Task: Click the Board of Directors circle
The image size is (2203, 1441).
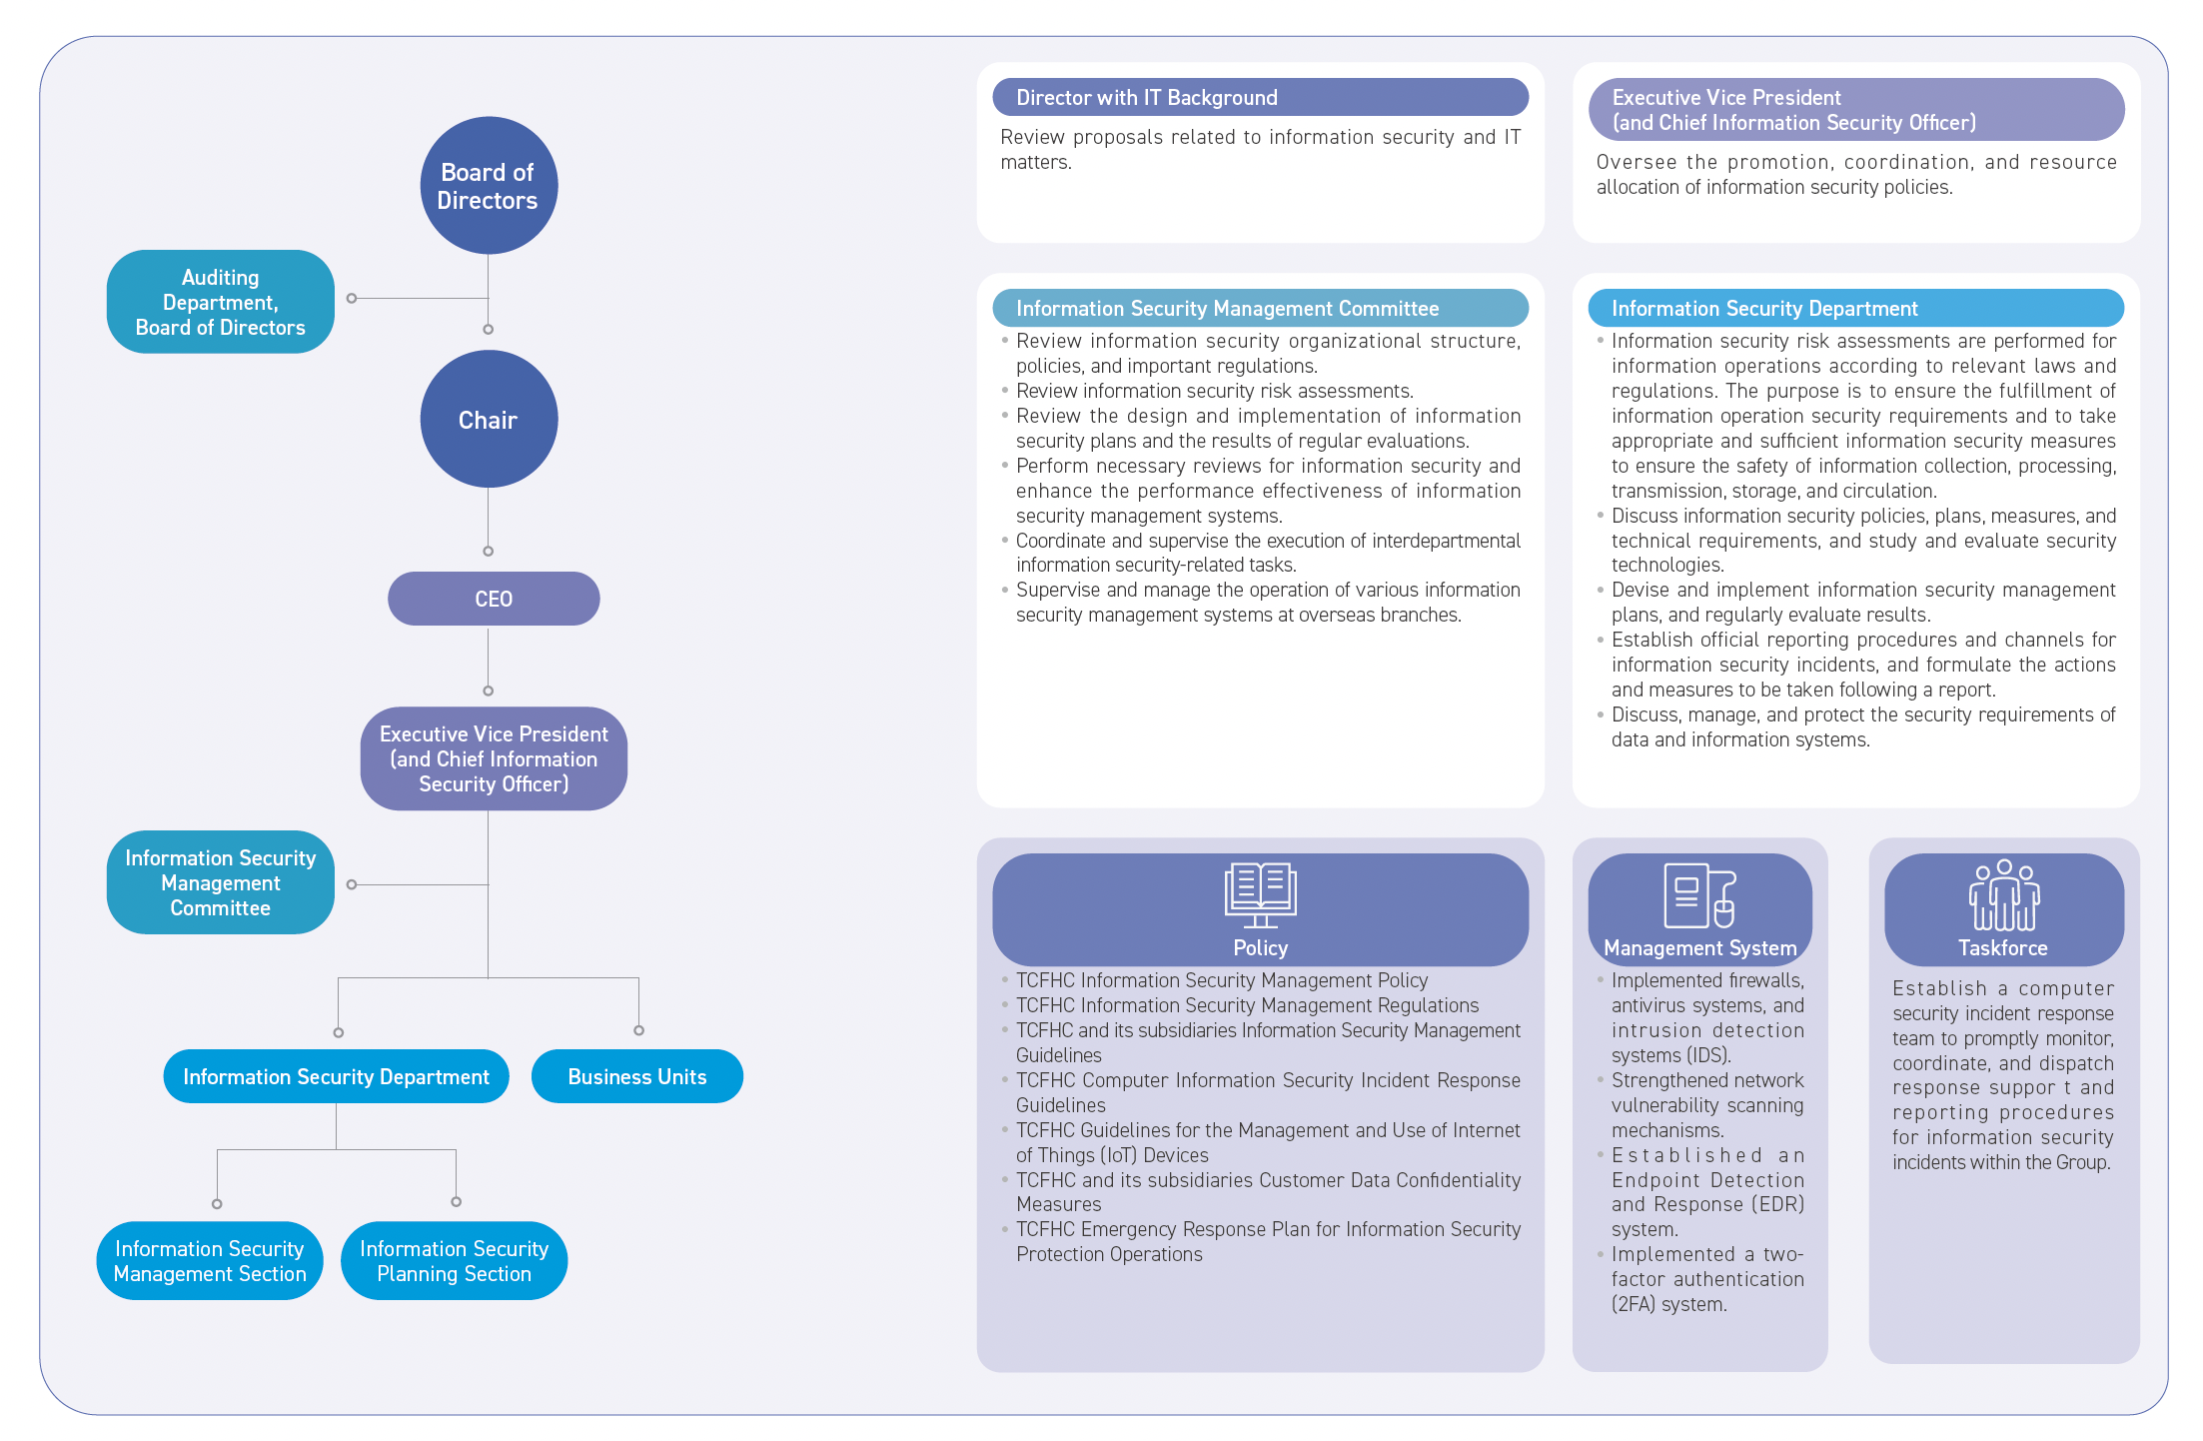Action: (489, 186)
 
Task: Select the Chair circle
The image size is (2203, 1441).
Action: (489, 419)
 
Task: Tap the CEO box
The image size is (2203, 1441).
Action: (494, 599)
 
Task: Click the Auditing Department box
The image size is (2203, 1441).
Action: (221, 302)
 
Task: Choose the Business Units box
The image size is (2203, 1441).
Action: (637, 1076)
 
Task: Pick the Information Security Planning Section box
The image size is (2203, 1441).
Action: (455, 1260)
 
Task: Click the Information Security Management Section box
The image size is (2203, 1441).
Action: (210, 1260)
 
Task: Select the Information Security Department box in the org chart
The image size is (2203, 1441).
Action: (336, 1076)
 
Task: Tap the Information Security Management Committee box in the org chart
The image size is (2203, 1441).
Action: (221, 882)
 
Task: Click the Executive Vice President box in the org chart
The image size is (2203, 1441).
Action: (494, 758)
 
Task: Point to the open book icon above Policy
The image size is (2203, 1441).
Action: (1261, 895)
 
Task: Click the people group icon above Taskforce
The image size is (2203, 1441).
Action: (2004, 895)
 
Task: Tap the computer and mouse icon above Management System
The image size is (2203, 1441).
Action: (1699, 895)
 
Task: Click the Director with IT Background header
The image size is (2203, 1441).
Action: (1261, 97)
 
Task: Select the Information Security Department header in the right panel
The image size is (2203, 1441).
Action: (1856, 308)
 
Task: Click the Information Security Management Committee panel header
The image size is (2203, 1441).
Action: (1261, 308)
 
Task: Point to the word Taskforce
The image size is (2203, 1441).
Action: (2003, 947)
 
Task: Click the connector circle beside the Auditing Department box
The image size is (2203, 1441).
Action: (352, 298)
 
